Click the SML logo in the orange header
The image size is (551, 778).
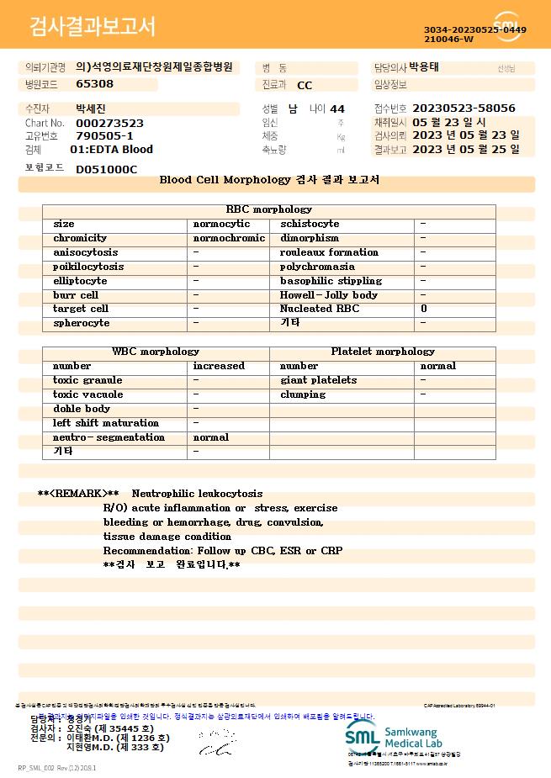508,26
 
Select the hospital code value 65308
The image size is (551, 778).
94,84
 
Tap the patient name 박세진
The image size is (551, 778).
91,108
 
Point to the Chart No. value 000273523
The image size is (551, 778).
109,123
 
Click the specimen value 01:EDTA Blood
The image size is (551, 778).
112,150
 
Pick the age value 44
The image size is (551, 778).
337,108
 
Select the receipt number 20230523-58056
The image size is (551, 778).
464,108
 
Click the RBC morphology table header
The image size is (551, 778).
269,209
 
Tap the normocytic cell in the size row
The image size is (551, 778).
221,224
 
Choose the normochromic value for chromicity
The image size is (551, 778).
229,238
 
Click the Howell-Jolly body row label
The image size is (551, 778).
329,295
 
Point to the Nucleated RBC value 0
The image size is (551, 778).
424,309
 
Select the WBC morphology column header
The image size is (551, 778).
156,352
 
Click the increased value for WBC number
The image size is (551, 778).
219,366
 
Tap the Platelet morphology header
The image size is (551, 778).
383,352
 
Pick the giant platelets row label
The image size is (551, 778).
318,380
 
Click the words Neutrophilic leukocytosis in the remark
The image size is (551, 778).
197,494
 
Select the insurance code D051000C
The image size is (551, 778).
106,169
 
